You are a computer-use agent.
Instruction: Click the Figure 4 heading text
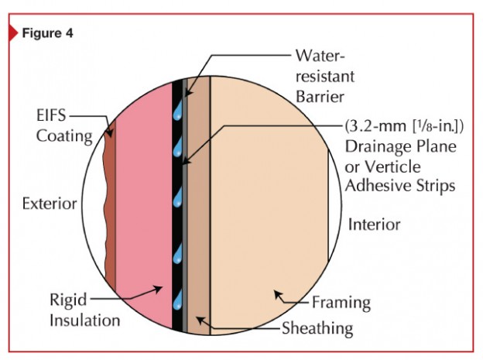pyautogui.click(x=47, y=33)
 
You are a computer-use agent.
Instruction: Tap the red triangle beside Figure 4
pyautogui.click(x=14, y=33)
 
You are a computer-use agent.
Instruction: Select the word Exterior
pyautogui.click(x=50, y=204)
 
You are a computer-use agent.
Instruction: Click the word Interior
pyautogui.click(x=374, y=225)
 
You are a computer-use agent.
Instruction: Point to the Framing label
pyautogui.click(x=341, y=303)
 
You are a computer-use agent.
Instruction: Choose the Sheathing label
pyautogui.click(x=317, y=328)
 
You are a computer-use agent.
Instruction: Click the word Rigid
pyautogui.click(x=68, y=300)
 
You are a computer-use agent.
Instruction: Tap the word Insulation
pyautogui.click(x=84, y=321)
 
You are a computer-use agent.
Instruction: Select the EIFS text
pyautogui.click(x=51, y=116)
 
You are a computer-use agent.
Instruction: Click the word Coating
pyautogui.click(x=64, y=136)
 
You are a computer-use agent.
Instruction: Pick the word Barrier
pyautogui.click(x=320, y=97)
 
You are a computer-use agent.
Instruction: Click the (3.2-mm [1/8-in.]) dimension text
pyautogui.click(x=404, y=126)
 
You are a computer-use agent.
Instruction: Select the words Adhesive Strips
pyautogui.click(x=400, y=187)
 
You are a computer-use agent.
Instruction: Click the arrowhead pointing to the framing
pyautogui.click(x=278, y=295)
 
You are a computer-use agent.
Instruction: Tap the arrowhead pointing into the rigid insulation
pyautogui.click(x=158, y=290)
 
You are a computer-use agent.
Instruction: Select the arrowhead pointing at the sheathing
pyautogui.click(x=200, y=321)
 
